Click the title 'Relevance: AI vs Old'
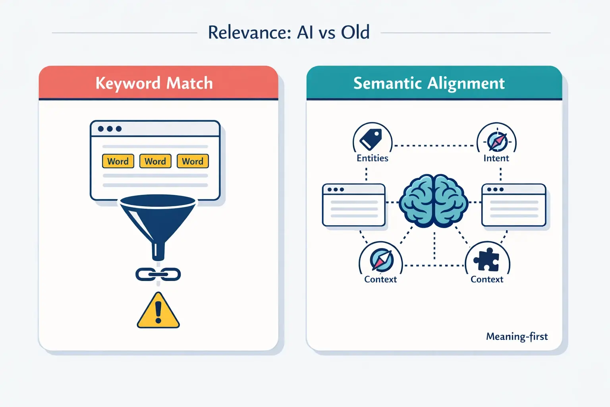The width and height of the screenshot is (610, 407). (289, 33)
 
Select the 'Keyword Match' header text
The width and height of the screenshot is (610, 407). (154, 83)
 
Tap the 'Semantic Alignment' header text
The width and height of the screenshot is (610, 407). (429, 83)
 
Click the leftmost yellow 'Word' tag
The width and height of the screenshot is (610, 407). (118, 161)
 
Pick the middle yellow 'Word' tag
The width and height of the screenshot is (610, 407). (155, 161)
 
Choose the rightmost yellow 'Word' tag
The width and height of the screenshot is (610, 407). (193, 161)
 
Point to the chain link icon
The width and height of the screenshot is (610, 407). (158, 274)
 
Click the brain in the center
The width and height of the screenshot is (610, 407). (434, 201)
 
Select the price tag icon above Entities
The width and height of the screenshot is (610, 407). (371, 139)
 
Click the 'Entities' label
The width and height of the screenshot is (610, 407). (372, 158)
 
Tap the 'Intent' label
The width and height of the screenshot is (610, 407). (496, 158)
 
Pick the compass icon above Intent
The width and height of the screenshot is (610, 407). (497, 141)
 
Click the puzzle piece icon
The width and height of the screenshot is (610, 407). (488, 260)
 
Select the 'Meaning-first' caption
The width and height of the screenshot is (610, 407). (517, 337)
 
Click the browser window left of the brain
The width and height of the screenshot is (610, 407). (354, 205)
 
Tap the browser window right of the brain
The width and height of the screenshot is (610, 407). (513, 205)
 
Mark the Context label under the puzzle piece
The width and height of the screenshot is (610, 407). (486, 279)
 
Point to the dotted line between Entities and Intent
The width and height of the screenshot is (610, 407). (434, 145)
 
